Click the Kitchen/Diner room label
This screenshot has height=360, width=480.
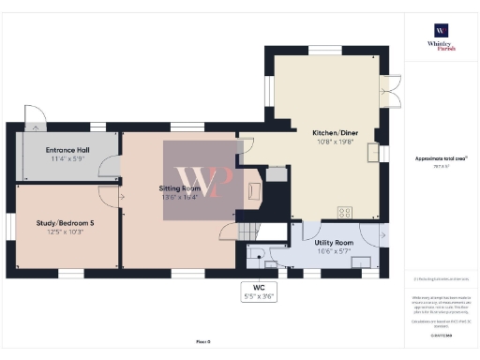pyautogui.click(x=335, y=133)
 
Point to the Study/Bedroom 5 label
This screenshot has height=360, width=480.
pyautogui.click(x=66, y=222)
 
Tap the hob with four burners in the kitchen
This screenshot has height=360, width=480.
pyautogui.click(x=345, y=212)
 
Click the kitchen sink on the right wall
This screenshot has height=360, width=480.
pyautogui.click(x=374, y=153)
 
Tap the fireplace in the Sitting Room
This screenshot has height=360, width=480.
pyautogui.click(x=253, y=190)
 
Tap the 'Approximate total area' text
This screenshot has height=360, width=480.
pyautogui.click(x=441, y=159)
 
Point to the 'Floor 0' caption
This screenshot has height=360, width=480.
pyautogui.click(x=202, y=343)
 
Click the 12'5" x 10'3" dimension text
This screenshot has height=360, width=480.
pyautogui.click(x=66, y=231)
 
